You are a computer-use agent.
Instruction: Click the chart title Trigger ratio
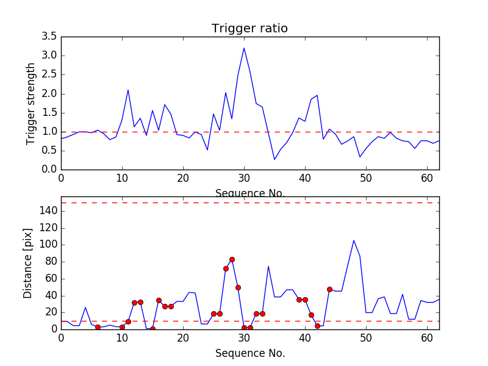[x=249, y=28]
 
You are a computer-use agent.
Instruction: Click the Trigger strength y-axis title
[x=31, y=103]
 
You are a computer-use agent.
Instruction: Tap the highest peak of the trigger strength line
[x=244, y=48]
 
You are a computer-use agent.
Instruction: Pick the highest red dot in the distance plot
[x=232, y=259]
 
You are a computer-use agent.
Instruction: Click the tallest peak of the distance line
[x=354, y=240]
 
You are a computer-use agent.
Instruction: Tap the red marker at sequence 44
[x=329, y=289]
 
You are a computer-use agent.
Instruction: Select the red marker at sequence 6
[x=98, y=328]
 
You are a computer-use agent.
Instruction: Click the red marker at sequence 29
[x=238, y=287]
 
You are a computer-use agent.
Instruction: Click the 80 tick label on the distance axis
[x=51, y=262]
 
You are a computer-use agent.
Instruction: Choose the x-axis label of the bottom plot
[x=249, y=353]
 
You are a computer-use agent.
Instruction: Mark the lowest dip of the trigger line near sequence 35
[x=274, y=160]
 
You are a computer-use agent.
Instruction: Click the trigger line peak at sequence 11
[x=128, y=90]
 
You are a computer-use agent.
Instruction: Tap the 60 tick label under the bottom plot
[x=427, y=337]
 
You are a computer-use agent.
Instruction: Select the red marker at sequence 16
[x=159, y=300]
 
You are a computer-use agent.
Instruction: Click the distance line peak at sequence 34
[x=268, y=266]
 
